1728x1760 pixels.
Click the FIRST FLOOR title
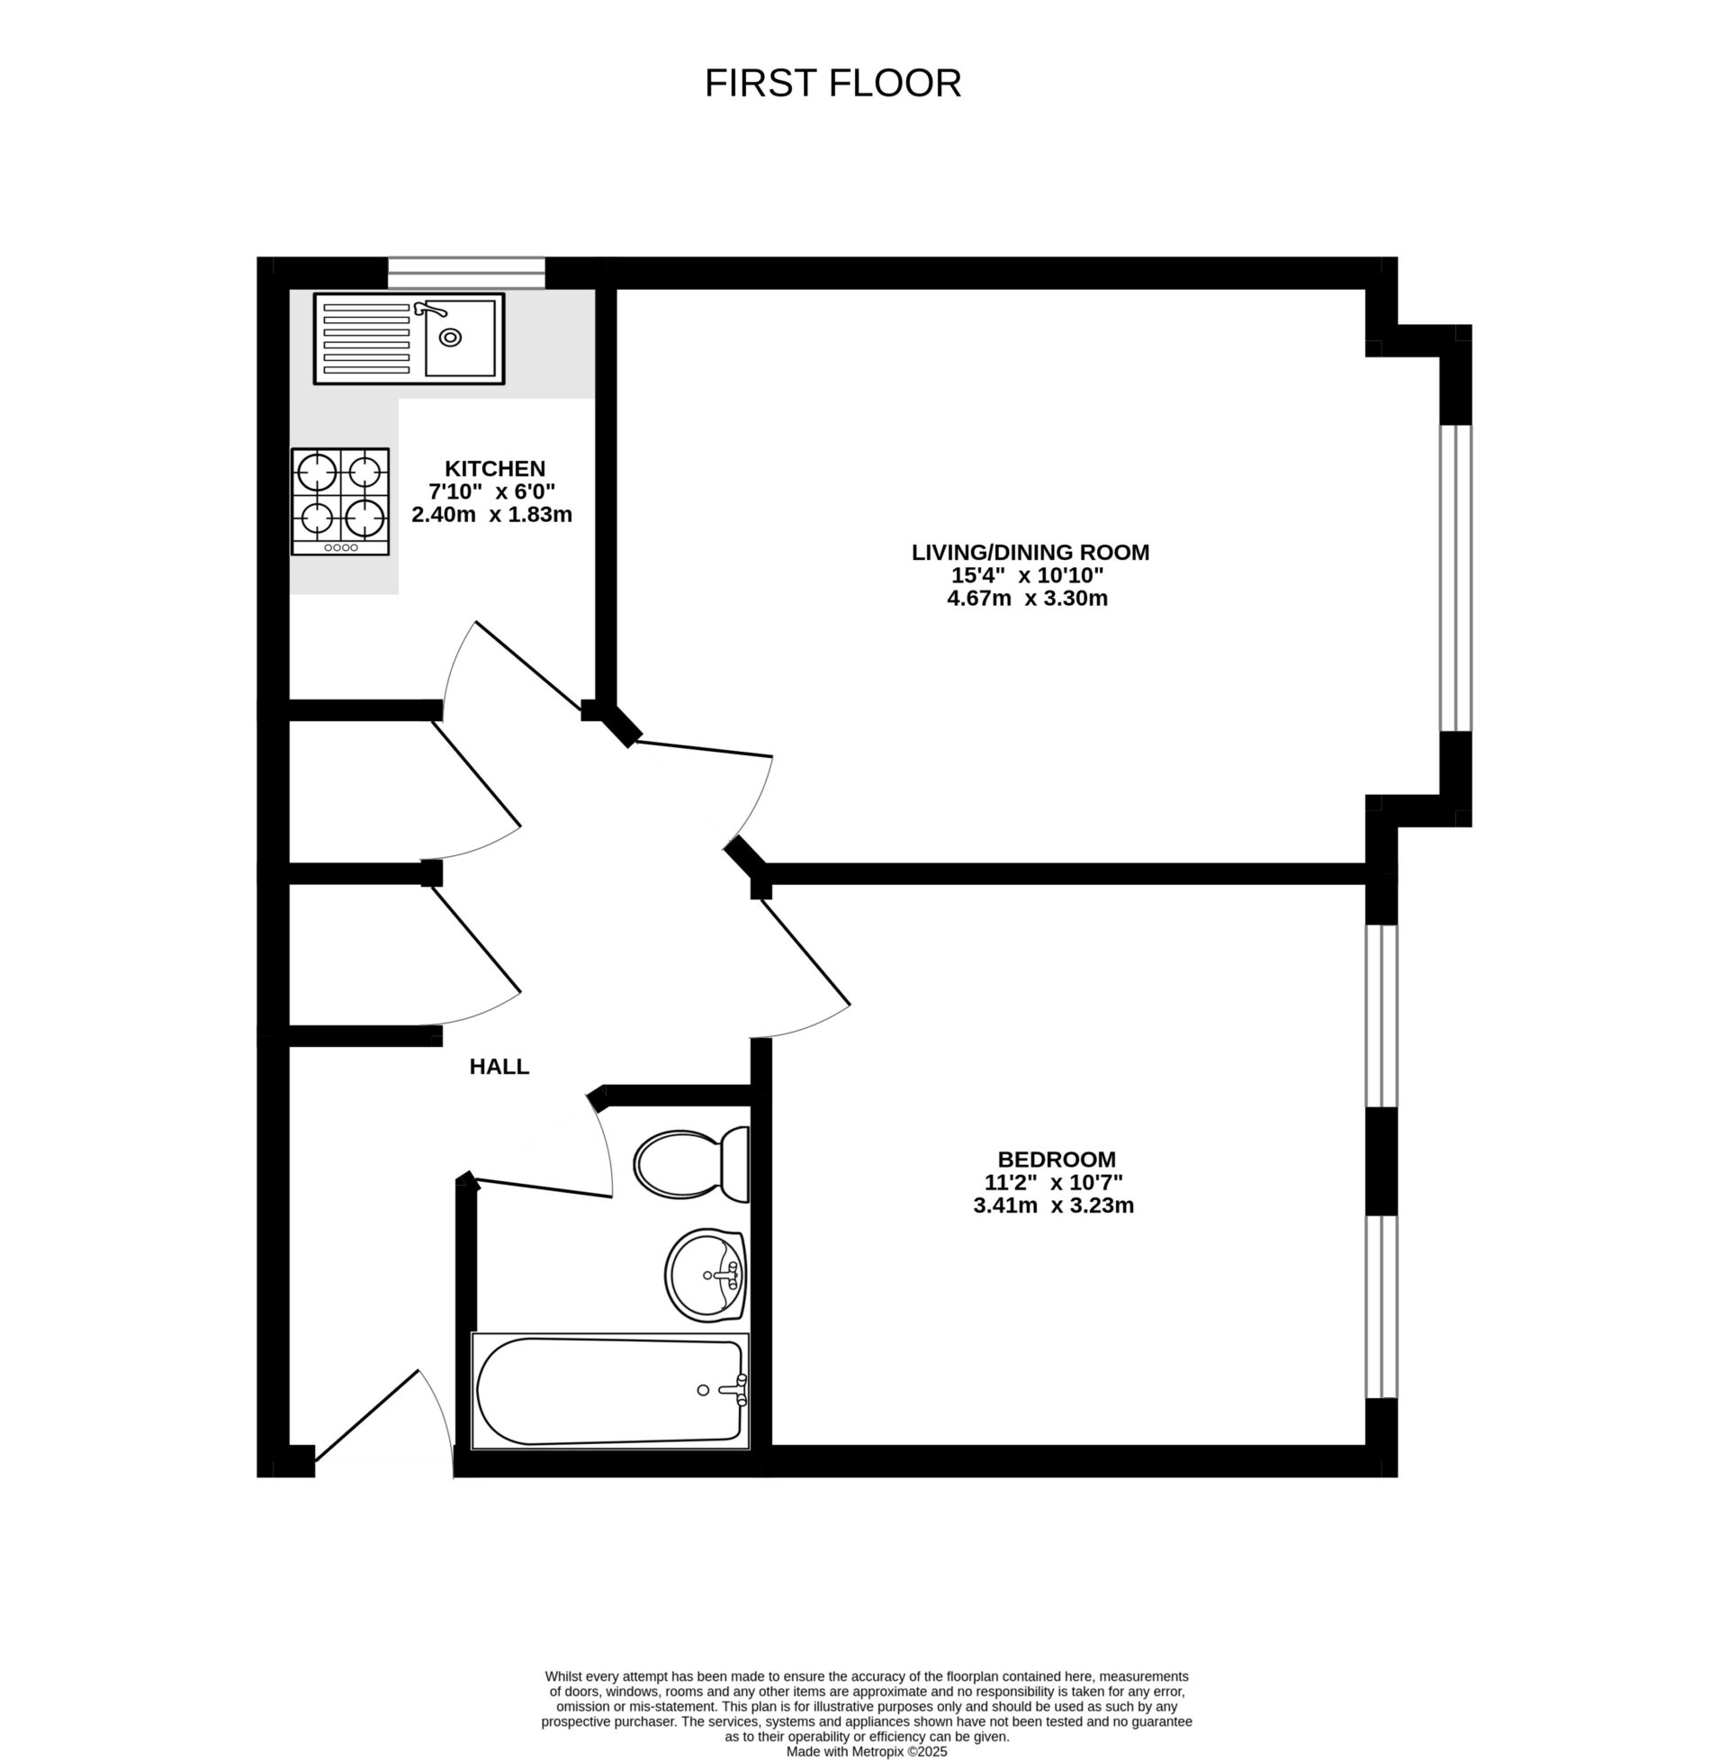click(832, 84)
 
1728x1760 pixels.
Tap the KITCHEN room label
click(495, 468)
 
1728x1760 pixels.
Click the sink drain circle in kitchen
click(450, 338)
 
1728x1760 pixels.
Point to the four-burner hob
click(340, 501)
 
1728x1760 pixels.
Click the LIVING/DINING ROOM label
click(1030, 552)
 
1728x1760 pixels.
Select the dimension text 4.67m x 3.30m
click(1028, 598)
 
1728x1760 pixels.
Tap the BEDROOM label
click(1057, 1160)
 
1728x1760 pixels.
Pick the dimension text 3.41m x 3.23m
click(1054, 1205)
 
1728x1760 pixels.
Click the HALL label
click(499, 1067)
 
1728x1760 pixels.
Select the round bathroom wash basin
click(706, 1275)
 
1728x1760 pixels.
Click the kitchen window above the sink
click(466, 272)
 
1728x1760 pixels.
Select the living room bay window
click(1455, 577)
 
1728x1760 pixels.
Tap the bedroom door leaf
click(805, 952)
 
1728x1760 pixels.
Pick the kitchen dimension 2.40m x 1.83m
click(492, 515)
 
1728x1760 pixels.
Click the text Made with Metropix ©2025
click(867, 1751)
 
